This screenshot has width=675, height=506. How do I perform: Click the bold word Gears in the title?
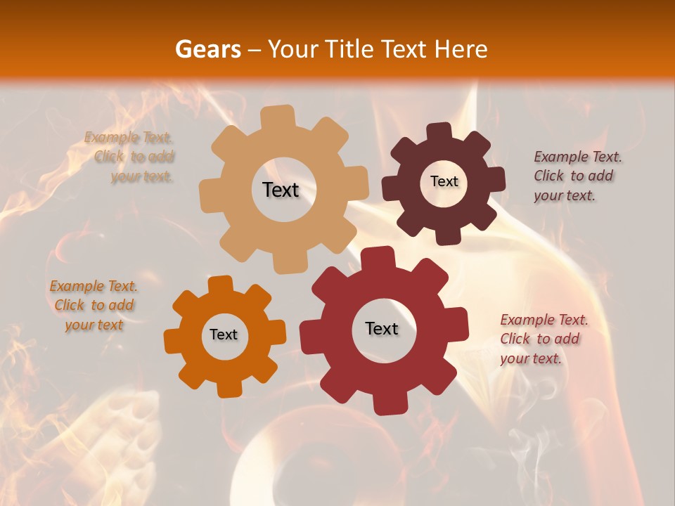207,49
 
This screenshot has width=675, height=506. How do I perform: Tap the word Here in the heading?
461,49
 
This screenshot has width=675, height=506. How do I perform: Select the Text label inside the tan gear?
281,190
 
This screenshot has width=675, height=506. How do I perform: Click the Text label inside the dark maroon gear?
444,181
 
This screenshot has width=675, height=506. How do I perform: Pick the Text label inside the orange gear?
224,335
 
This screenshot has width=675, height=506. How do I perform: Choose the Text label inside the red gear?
382,328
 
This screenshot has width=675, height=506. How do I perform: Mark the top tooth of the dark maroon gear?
439,131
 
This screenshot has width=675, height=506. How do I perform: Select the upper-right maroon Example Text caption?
576,176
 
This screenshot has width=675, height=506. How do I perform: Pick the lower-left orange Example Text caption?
94,305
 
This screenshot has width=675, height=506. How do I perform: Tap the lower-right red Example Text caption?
543,339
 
